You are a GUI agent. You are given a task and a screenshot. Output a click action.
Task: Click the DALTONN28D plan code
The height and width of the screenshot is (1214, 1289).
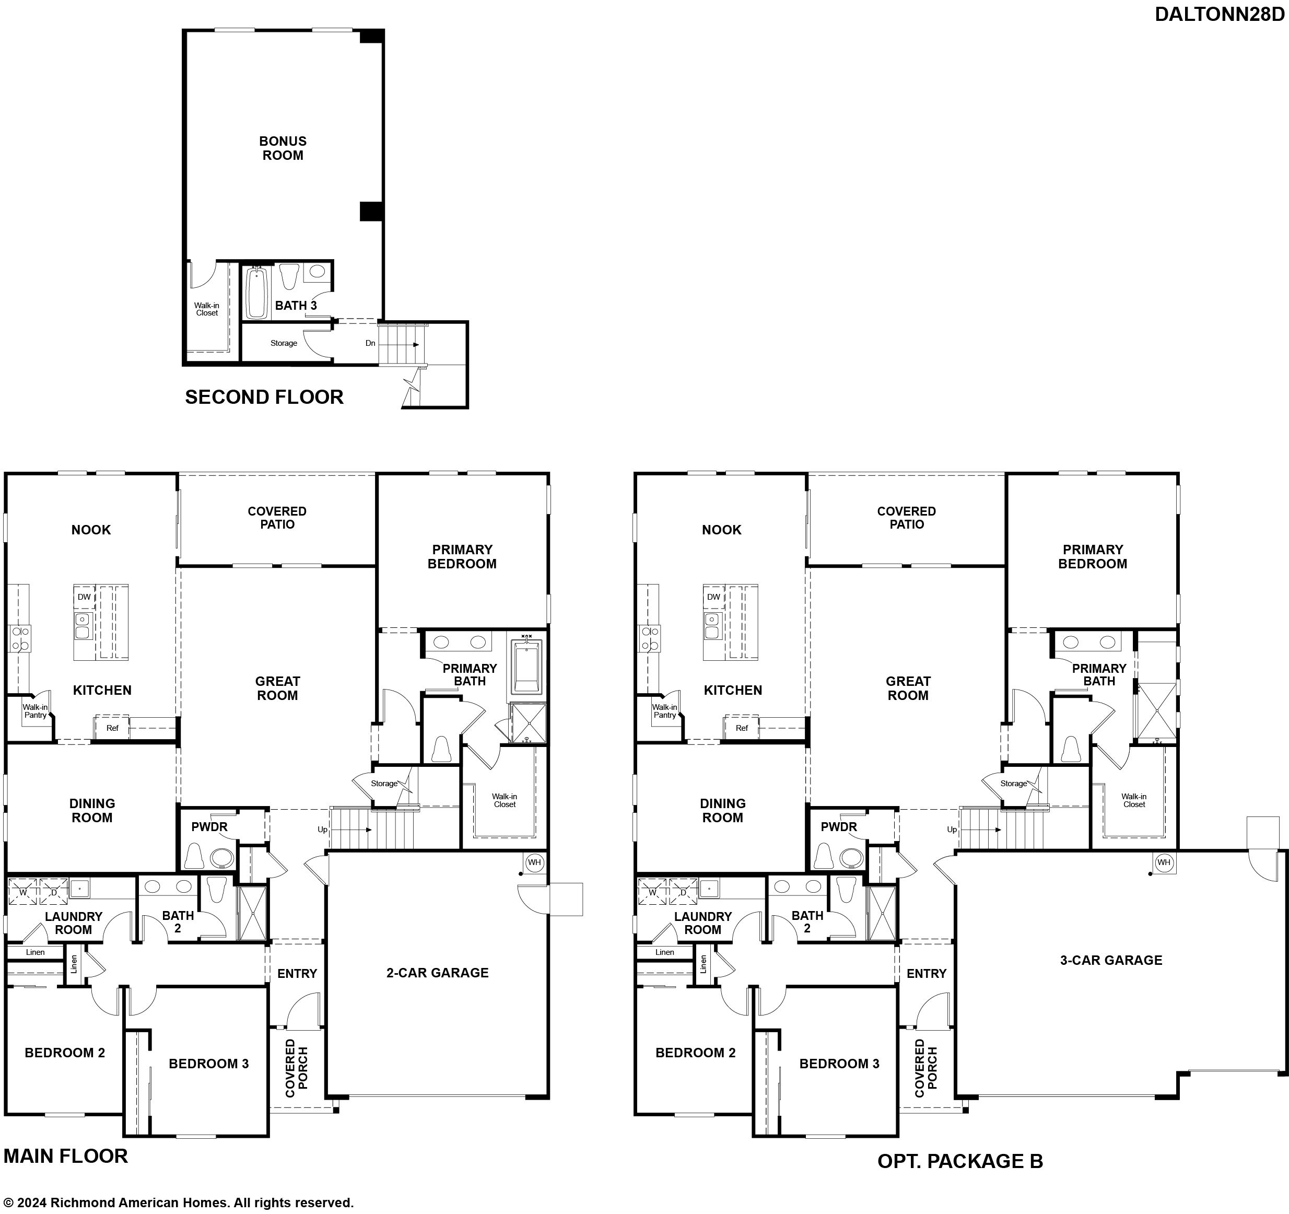[1219, 14]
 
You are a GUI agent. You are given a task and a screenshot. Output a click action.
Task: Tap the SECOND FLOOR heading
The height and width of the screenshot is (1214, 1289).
[264, 397]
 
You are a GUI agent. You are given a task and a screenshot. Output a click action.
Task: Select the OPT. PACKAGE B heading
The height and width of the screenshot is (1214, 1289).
[960, 1161]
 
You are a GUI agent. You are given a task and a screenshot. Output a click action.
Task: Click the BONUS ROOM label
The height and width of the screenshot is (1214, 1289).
[283, 148]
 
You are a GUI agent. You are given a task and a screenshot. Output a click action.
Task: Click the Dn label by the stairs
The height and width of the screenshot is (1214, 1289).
[370, 343]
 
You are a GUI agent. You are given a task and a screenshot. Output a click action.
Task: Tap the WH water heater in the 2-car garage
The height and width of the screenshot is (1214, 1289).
[534, 862]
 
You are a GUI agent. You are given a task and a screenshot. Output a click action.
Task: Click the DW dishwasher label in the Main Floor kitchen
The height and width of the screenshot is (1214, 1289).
[84, 597]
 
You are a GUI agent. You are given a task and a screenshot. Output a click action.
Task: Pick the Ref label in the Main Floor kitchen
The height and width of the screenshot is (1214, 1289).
[112, 728]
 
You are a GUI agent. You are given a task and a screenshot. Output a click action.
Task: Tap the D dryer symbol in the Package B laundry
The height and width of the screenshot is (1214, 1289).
[683, 892]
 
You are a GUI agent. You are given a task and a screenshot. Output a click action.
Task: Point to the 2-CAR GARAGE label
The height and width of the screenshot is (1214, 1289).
[438, 972]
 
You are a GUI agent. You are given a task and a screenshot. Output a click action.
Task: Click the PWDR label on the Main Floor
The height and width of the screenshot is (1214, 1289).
[209, 827]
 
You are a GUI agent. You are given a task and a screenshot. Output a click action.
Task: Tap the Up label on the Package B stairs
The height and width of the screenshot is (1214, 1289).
[952, 830]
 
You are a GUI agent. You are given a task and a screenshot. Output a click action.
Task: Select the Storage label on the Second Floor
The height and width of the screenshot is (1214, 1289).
[284, 343]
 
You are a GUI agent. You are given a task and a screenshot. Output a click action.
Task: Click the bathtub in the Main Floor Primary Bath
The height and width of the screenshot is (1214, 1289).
[526, 666]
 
